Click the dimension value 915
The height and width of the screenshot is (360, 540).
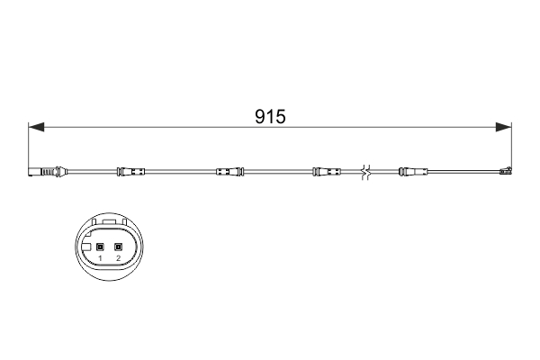pos(269,117)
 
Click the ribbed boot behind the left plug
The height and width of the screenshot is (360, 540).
pos(61,171)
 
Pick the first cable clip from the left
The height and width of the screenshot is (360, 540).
pos(131,171)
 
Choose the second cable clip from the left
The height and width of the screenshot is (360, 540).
pos(228,171)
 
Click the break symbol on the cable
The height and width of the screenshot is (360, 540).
pos(364,170)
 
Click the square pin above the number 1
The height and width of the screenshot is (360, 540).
pos(101,247)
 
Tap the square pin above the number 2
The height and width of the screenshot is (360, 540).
pos(118,247)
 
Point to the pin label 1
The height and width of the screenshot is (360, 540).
pos(101,259)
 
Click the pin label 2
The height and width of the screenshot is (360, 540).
pos(118,259)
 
